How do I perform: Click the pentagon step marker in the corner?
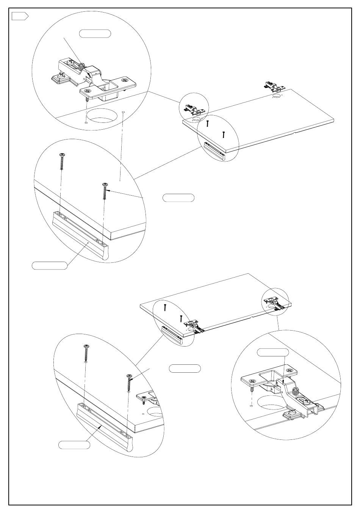click(x=20, y=16)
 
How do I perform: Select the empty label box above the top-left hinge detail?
click(x=95, y=33)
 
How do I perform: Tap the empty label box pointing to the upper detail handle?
click(x=49, y=265)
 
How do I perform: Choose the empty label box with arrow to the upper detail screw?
click(x=178, y=198)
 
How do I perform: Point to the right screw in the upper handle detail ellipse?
click(x=105, y=192)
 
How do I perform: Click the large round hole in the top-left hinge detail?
click(x=101, y=117)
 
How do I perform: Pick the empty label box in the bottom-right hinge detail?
click(x=273, y=352)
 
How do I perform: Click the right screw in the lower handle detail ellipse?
click(x=130, y=383)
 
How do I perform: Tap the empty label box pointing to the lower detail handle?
click(x=74, y=445)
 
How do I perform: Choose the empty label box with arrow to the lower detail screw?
click(x=185, y=368)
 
